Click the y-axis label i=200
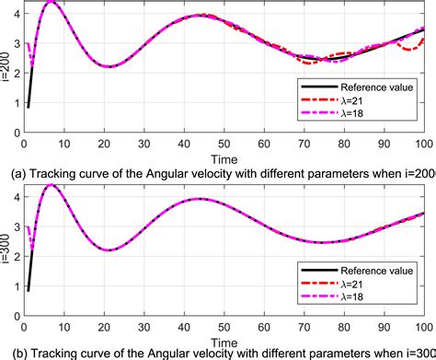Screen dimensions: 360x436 (6, 68)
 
